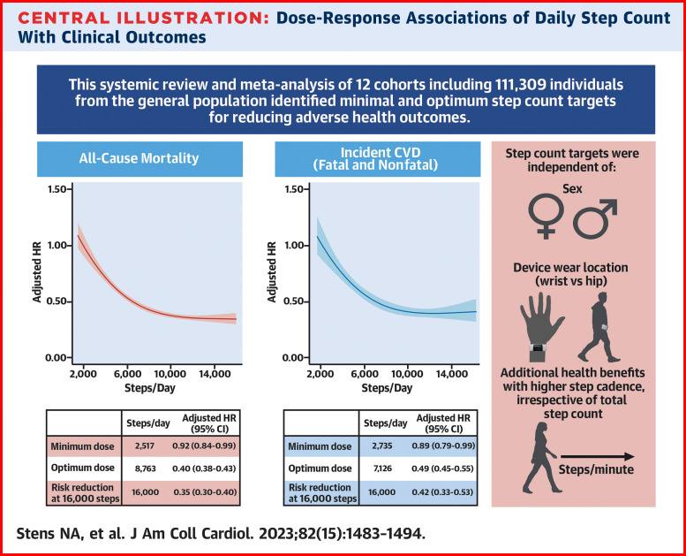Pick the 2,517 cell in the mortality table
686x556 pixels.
(x=144, y=446)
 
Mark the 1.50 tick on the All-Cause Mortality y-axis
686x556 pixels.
(x=57, y=189)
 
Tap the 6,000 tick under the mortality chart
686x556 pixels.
(x=128, y=375)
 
